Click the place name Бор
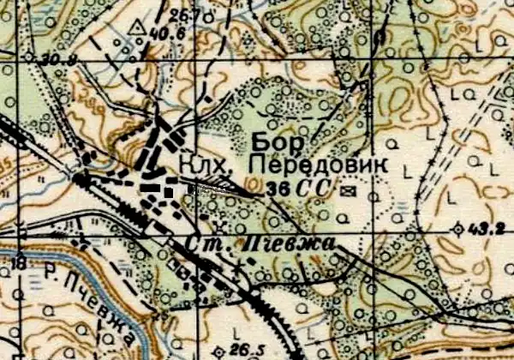pyautogui.click(x=273, y=143)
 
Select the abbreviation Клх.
pyautogui.click(x=200, y=162)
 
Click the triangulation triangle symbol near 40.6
pyautogui.click(x=134, y=33)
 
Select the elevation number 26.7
pyautogui.click(x=182, y=15)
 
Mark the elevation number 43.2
pyautogui.click(x=488, y=230)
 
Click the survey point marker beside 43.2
pyautogui.click(x=459, y=229)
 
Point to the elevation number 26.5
pyautogui.click(x=244, y=350)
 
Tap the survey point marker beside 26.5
pyautogui.click(x=221, y=351)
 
